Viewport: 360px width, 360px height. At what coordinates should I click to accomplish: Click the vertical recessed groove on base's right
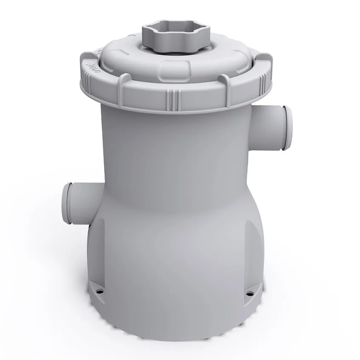click(247, 238)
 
